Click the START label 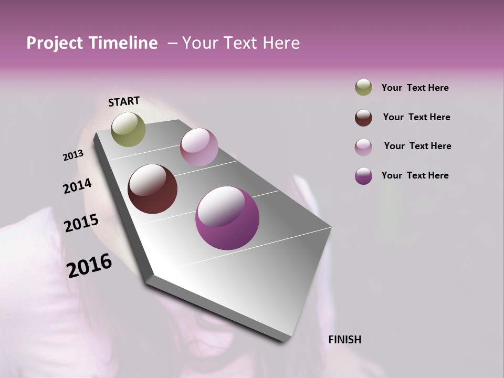tap(124, 101)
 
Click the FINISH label tap(344, 340)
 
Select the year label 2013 tap(73, 155)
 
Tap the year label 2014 tap(77, 186)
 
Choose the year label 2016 tap(89, 265)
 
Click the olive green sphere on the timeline tap(128, 129)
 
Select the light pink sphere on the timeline tap(199, 147)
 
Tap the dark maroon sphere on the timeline tap(152, 189)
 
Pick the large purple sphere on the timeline tap(227, 218)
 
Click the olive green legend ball tap(363, 88)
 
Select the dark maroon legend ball tap(363, 118)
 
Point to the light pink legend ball tap(363, 147)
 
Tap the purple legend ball tap(363, 176)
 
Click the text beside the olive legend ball tap(415, 88)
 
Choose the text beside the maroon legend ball tap(416, 117)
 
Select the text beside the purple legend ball tap(415, 175)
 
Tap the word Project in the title tap(54, 43)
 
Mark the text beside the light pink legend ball tap(417, 146)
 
